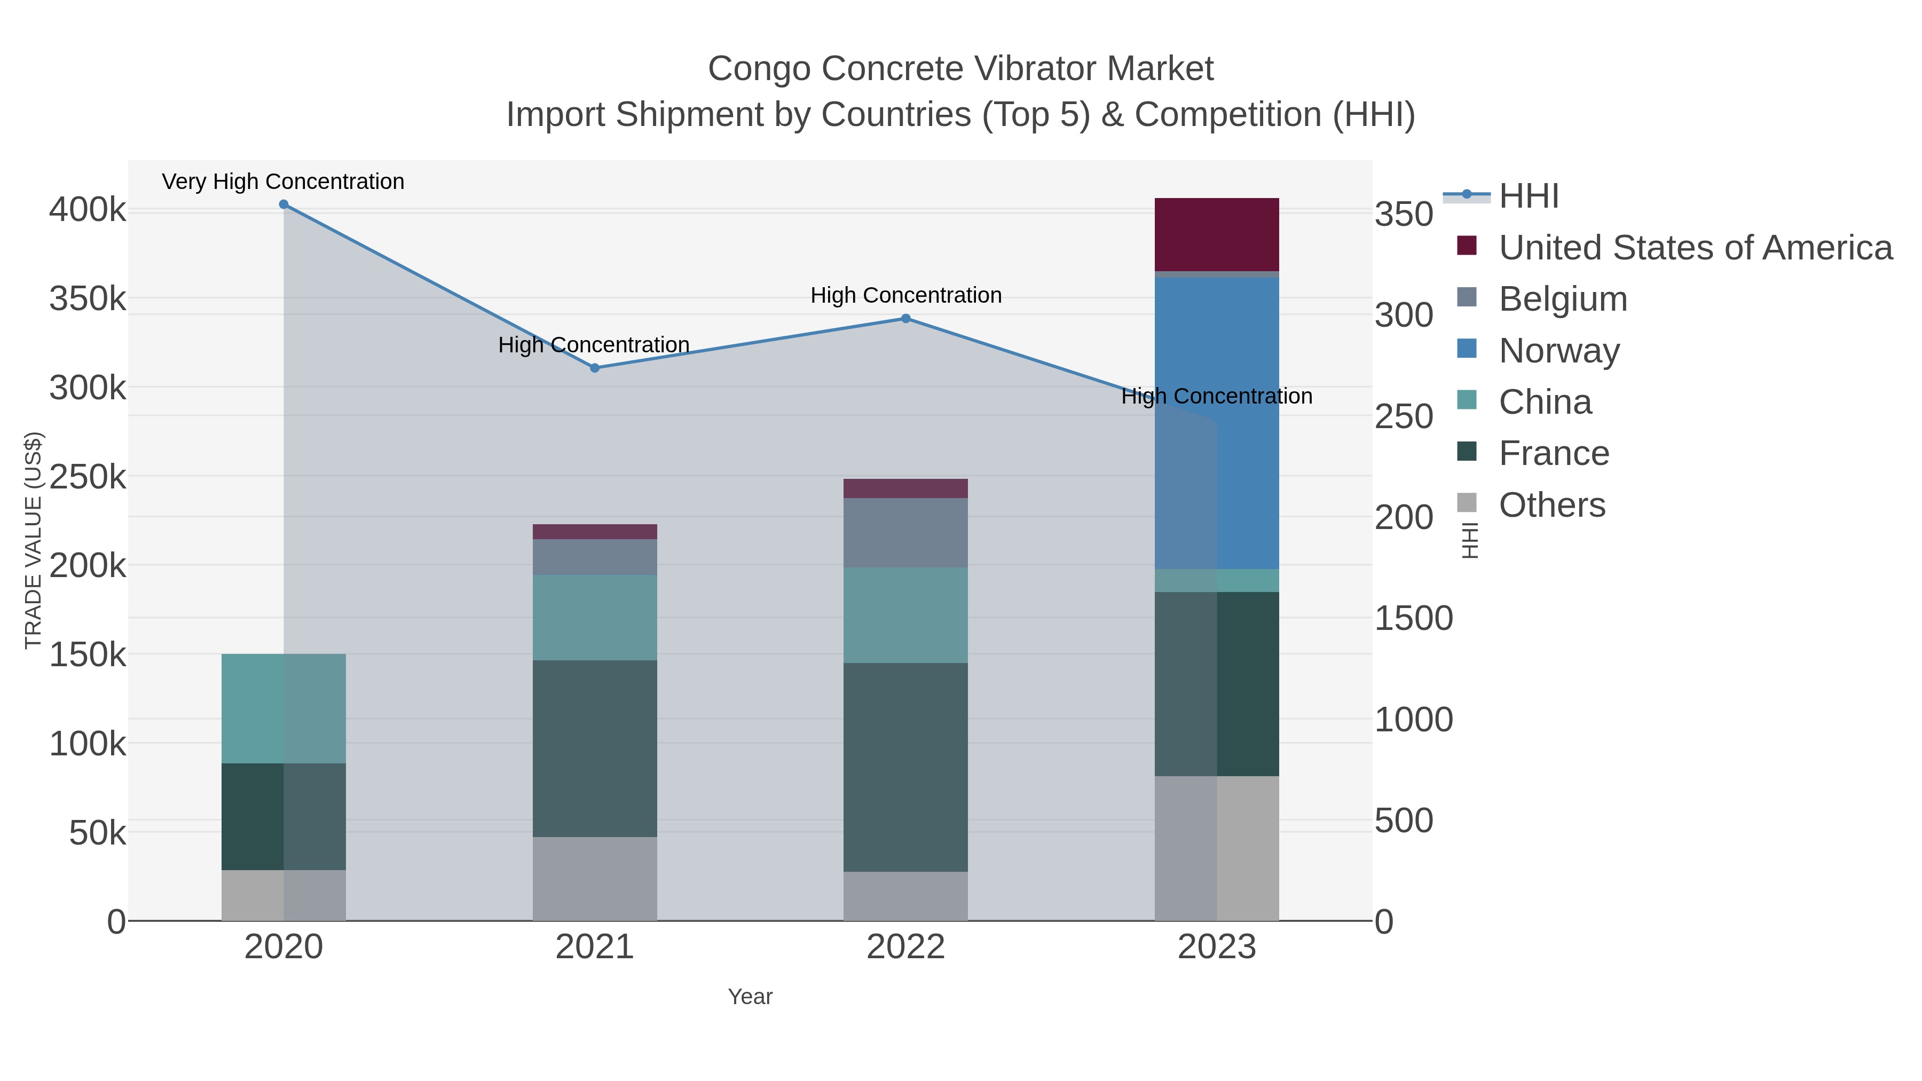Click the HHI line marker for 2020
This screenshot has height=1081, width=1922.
(283, 204)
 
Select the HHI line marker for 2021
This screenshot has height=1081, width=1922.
(595, 368)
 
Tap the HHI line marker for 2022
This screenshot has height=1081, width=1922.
(906, 319)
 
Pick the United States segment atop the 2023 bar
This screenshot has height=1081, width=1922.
(1217, 234)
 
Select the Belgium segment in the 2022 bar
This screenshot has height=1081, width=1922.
(906, 533)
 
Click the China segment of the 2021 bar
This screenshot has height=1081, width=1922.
(595, 617)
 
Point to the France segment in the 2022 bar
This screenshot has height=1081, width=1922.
(906, 767)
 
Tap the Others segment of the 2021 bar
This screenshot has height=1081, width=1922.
(595, 878)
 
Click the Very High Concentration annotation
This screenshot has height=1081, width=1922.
(283, 182)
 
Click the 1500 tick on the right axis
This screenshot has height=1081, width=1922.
(1413, 619)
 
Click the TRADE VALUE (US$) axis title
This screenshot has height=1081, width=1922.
(33, 540)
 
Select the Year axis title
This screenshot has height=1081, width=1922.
(750, 997)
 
